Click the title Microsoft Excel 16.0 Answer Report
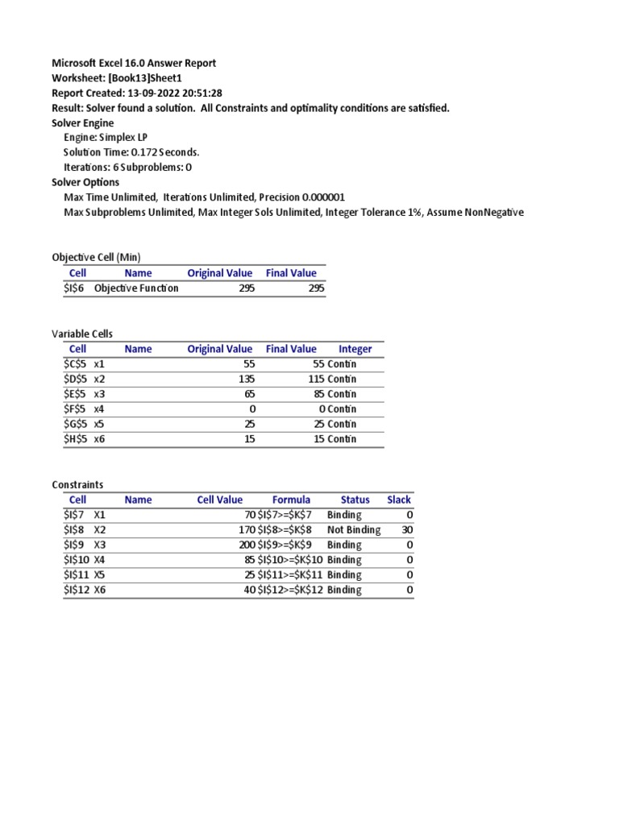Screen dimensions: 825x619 (x=134, y=63)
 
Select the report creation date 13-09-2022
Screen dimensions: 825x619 (x=174, y=93)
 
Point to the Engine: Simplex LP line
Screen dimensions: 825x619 (x=106, y=137)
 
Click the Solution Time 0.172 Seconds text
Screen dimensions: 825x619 (x=131, y=152)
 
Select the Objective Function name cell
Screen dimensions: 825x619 (x=136, y=288)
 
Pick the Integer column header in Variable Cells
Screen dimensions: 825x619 (x=355, y=349)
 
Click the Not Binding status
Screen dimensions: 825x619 (x=353, y=529)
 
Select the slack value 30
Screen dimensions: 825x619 (x=406, y=529)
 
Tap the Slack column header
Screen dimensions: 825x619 (x=398, y=500)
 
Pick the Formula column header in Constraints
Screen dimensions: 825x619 (x=291, y=500)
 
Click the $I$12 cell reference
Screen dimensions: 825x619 (x=78, y=590)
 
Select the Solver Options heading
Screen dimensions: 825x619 (x=85, y=182)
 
